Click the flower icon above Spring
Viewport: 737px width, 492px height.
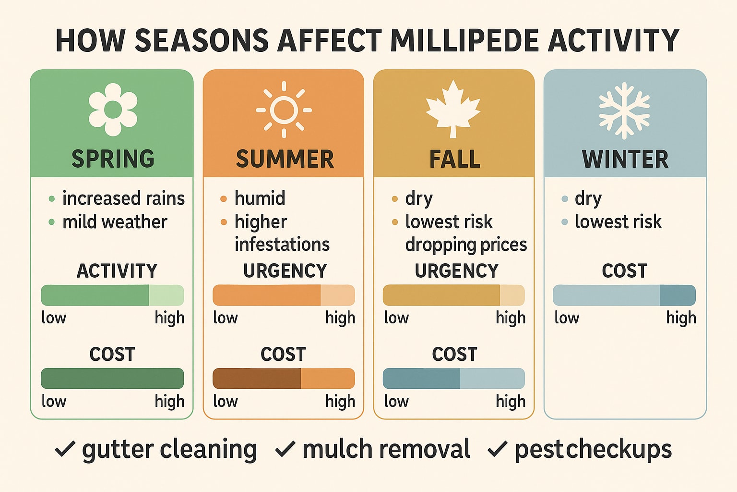(x=113, y=110)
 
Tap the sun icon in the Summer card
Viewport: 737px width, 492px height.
(x=284, y=110)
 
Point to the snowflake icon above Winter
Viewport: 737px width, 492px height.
(x=624, y=111)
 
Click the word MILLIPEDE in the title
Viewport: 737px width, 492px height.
(x=464, y=40)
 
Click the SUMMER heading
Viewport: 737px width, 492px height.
(x=285, y=159)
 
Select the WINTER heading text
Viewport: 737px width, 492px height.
(x=625, y=159)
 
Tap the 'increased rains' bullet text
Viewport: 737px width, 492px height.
(x=123, y=198)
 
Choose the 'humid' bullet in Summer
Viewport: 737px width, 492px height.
(x=260, y=198)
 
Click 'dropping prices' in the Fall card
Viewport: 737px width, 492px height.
(x=465, y=245)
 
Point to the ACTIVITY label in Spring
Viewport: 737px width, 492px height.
(x=117, y=271)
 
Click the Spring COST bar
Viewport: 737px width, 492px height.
(x=112, y=379)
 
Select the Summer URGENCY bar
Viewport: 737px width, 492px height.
(x=284, y=295)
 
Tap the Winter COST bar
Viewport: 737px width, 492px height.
(x=624, y=295)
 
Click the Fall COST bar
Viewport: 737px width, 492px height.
(x=453, y=379)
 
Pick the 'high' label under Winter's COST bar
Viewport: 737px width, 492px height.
(x=681, y=318)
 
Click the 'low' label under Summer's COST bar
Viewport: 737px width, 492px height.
(x=225, y=401)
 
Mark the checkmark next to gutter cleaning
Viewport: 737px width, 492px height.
(x=65, y=449)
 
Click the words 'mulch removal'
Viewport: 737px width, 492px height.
(x=386, y=449)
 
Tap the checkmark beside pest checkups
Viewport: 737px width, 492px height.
(x=497, y=449)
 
